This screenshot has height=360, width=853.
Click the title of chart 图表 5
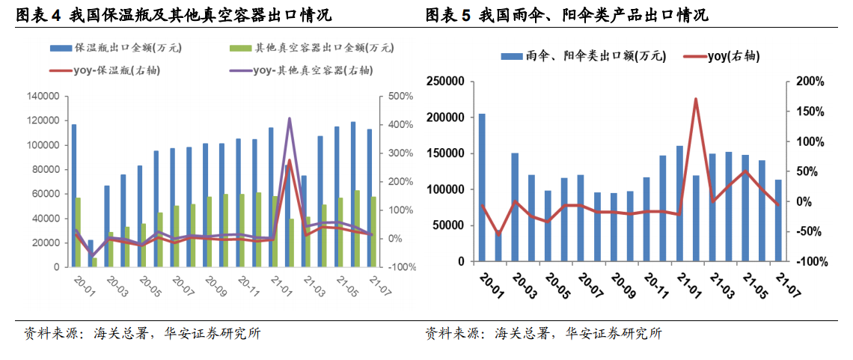[567, 16]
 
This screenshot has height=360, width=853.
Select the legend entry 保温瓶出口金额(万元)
[115, 48]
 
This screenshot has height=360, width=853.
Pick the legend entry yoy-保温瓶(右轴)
[108, 70]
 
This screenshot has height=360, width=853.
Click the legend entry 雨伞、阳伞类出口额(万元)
[583, 56]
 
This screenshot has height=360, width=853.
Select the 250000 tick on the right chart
[450, 82]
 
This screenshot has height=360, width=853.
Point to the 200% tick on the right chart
[810, 82]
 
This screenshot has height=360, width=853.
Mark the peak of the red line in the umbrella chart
[696, 99]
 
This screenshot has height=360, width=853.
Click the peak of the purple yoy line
[289, 118]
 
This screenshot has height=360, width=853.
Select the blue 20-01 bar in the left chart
[74, 196]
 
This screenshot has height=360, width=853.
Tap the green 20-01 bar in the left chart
[79, 233]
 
